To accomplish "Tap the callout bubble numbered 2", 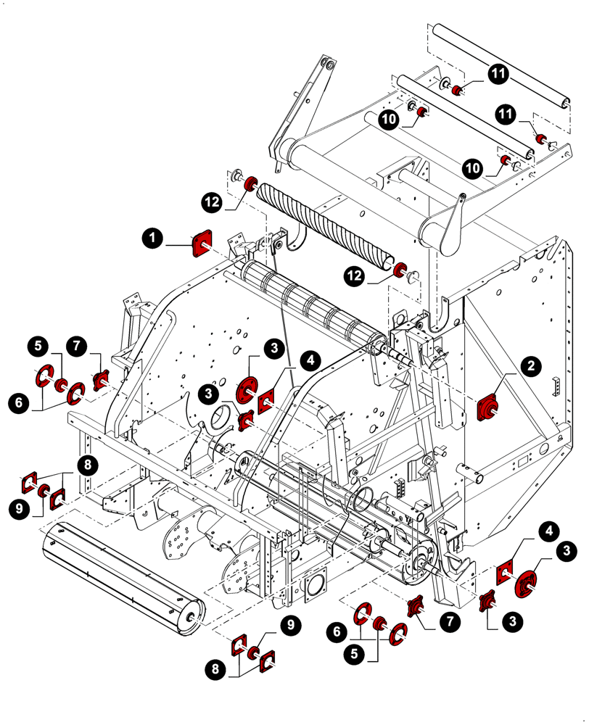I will pos(531,367).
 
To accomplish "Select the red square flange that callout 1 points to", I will pos(201,244).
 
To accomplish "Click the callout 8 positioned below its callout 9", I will pos(215,671).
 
